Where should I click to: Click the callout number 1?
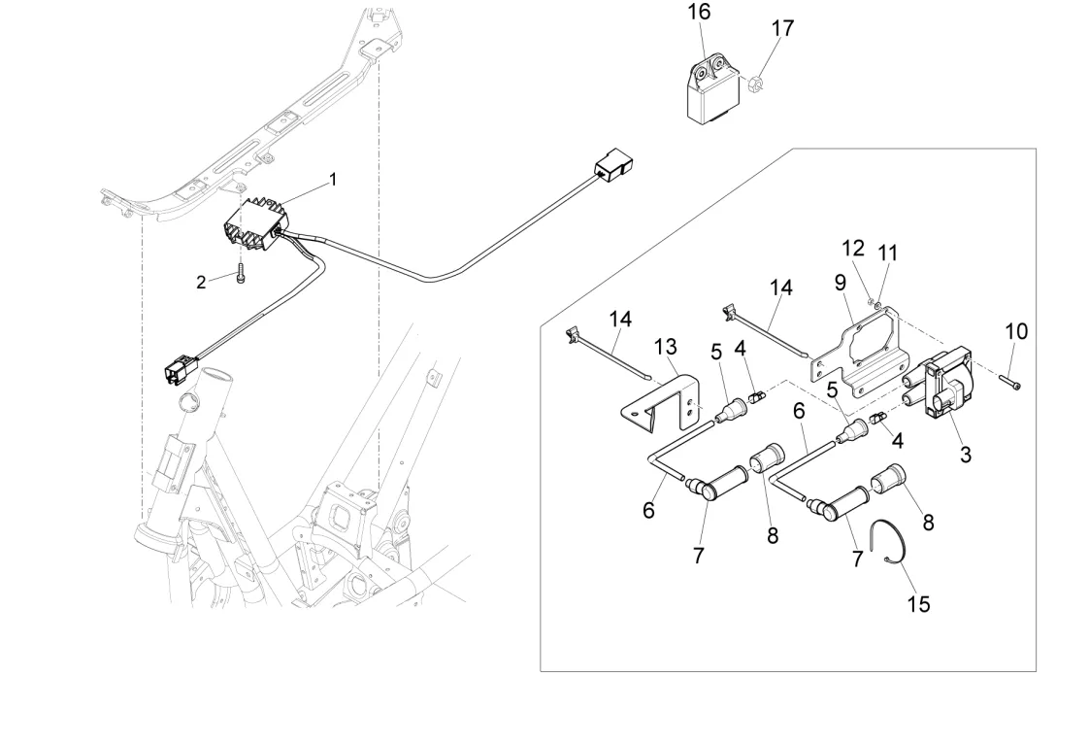click(333, 180)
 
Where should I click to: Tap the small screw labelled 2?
click(240, 274)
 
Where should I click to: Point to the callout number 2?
click(201, 282)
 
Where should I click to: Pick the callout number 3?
click(965, 453)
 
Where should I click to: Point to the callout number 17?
click(782, 28)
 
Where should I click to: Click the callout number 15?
click(918, 603)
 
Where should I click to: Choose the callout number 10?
click(1015, 331)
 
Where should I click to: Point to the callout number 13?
click(665, 347)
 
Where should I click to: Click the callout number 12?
click(853, 249)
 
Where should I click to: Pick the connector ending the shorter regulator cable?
click(178, 369)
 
